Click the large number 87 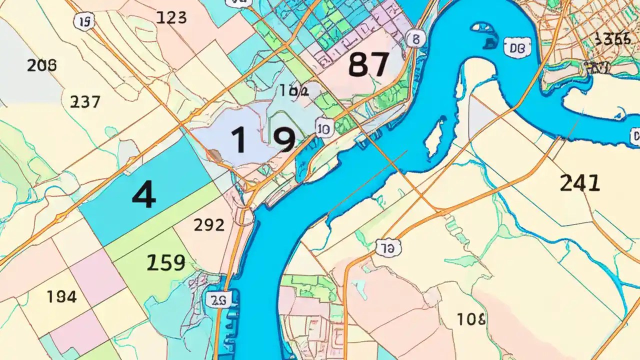tap(368, 65)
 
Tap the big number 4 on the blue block tap(144, 195)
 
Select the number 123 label tap(171, 18)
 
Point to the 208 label tap(41, 65)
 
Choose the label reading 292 tap(208, 225)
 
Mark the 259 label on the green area tap(166, 262)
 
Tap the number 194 tap(61, 297)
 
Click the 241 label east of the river tap(579, 184)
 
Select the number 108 tap(470, 319)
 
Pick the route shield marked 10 tap(323, 129)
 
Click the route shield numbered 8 tap(413, 38)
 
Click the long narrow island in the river tap(434, 136)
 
